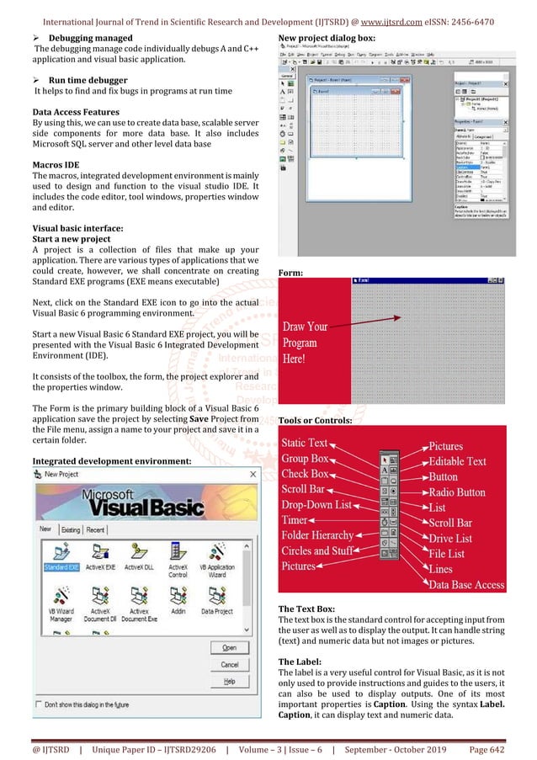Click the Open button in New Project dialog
click(229, 648)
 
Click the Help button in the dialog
click(229, 681)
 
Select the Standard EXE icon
click(61, 555)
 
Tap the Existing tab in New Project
click(71, 529)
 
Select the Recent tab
click(96, 529)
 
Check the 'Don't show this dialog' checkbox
click(40, 704)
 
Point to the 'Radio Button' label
click(456, 492)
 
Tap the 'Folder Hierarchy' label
click(317, 535)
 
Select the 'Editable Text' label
click(457, 461)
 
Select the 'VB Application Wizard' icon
click(218, 555)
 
